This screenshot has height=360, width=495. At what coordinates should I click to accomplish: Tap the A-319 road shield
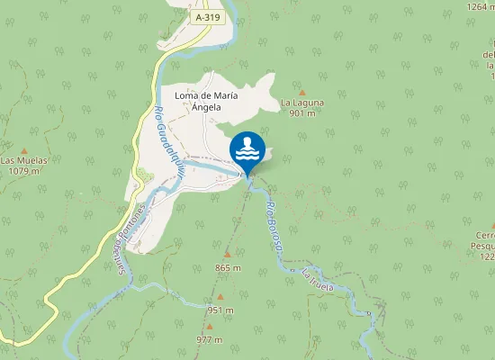(x=207, y=17)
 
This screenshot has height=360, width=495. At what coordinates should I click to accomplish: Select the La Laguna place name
(x=301, y=103)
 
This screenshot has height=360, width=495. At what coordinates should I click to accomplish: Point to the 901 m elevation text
(x=301, y=113)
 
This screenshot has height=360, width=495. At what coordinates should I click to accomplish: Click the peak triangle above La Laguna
(x=301, y=92)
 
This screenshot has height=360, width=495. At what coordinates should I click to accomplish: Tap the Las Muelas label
(x=24, y=160)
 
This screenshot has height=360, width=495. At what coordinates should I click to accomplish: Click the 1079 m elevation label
(x=24, y=170)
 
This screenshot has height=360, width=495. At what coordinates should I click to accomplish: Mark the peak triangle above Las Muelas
(x=24, y=150)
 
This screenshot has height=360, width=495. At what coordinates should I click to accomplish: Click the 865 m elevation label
(x=229, y=268)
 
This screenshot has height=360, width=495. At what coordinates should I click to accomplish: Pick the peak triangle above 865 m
(x=229, y=256)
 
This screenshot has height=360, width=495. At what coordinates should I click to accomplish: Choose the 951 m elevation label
(x=220, y=310)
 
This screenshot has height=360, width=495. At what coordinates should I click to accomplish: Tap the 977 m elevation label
(x=209, y=339)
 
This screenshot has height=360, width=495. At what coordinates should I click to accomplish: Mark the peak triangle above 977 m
(x=209, y=328)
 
